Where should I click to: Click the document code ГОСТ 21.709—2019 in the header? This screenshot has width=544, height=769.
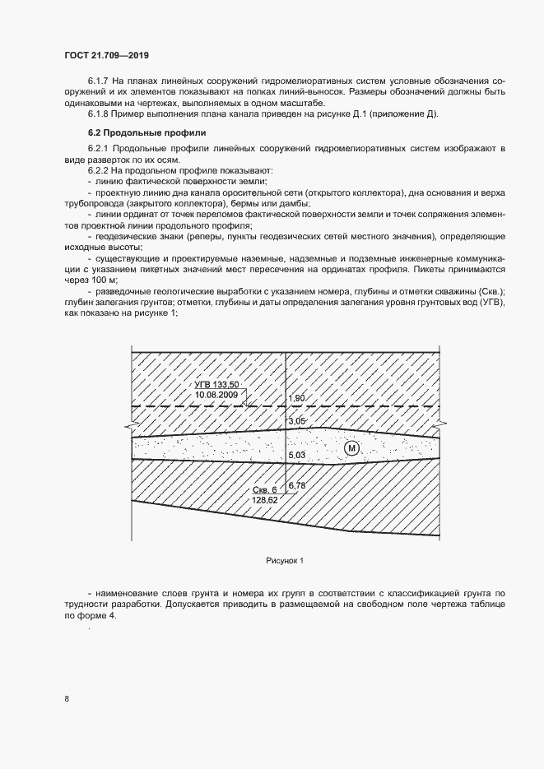107,55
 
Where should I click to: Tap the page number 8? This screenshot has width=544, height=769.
67,699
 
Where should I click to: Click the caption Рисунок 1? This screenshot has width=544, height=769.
285,561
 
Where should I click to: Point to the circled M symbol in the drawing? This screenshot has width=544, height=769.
352,447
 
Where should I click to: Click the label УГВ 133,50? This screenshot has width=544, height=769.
216,385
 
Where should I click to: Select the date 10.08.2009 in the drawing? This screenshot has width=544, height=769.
216,396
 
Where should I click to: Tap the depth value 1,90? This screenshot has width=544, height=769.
296,399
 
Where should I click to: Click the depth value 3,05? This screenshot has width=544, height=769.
296,422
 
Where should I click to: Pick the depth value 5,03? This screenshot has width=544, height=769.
296,455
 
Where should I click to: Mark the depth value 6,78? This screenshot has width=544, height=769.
297,486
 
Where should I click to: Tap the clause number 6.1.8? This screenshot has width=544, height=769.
100,114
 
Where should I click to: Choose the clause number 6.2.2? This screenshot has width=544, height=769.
100,169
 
